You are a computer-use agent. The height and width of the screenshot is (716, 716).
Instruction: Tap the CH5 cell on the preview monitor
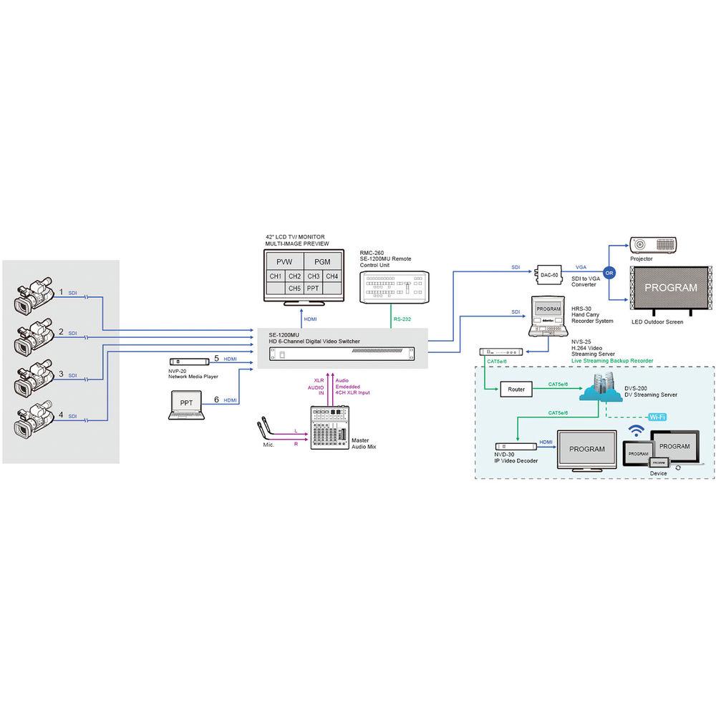294,288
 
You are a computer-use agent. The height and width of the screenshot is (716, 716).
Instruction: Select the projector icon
652,245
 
